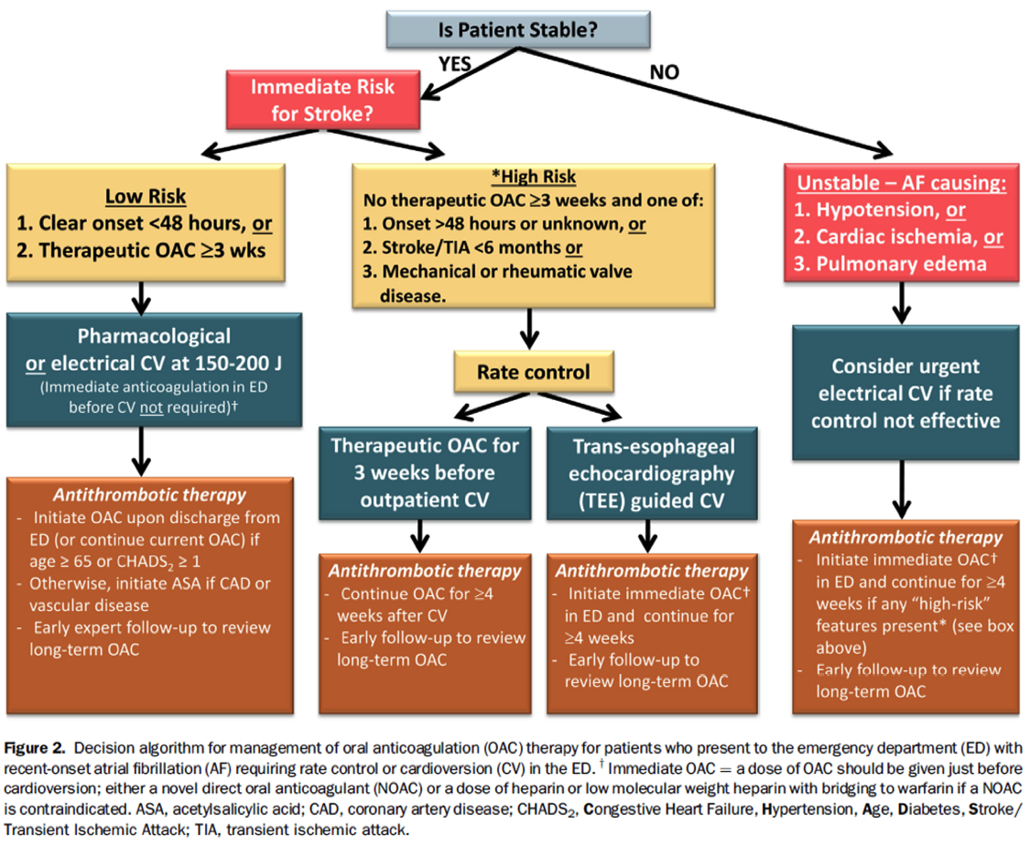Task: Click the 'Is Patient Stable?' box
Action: click(517, 29)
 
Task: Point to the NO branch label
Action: click(664, 72)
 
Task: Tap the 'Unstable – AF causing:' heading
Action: click(901, 183)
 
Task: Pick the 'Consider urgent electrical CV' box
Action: click(905, 394)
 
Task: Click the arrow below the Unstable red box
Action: click(903, 302)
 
